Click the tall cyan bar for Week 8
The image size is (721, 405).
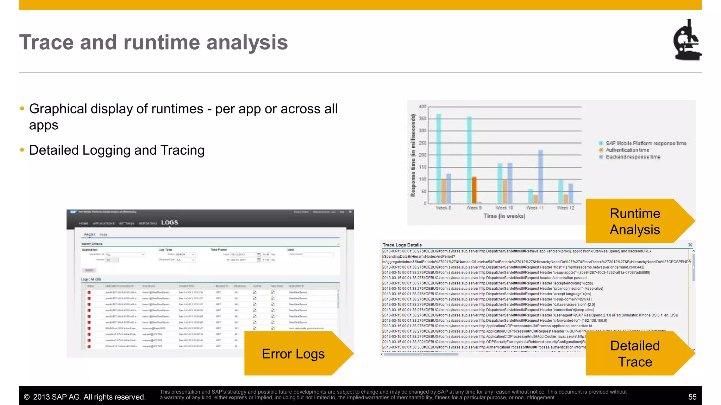pos(439,158)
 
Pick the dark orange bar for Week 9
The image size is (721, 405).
pos(474,190)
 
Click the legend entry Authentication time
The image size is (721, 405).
pos(627,150)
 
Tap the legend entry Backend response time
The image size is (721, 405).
pos(633,157)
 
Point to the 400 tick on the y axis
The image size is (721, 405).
pos(422,107)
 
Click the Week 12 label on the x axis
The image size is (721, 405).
pos(565,208)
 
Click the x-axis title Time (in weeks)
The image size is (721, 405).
pos(504,216)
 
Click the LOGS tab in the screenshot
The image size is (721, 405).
pos(169,223)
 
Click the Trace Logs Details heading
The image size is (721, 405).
pos(402,245)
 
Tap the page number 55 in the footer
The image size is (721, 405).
pos(692,397)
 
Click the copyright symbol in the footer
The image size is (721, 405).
pos(26,397)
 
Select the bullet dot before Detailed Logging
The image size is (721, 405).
pos(22,150)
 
